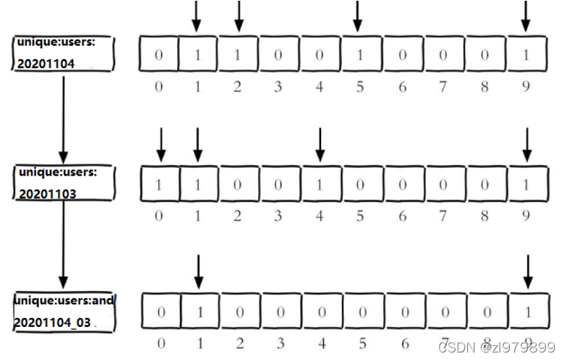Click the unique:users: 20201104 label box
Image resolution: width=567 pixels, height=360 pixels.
tap(64, 53)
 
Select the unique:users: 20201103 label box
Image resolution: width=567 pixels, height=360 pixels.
tap(64, 183)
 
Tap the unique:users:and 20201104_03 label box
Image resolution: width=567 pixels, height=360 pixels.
tap(64, 312)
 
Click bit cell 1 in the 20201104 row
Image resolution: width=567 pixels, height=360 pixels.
tap(198, 54)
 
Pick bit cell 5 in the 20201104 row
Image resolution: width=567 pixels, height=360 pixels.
tap(360, 54)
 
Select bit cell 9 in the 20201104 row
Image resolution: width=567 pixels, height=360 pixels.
tap(526, 54)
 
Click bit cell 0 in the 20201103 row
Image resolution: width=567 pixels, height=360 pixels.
tap(159, 184)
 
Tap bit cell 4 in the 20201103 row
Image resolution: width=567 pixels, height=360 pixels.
tap(320, 184)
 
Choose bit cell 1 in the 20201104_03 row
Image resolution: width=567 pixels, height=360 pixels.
tap(198, 311)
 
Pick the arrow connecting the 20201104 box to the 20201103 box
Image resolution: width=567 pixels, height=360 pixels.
tap(63, 116)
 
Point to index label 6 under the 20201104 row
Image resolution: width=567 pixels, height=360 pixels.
tap(402, 87)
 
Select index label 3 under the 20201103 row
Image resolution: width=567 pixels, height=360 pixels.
tap(278, 216)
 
